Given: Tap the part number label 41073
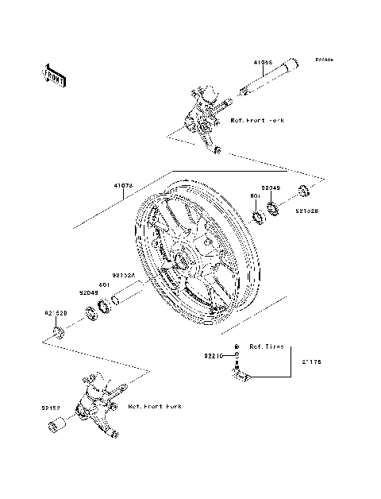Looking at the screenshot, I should point(122,185).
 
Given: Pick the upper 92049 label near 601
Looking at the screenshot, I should point(271,188).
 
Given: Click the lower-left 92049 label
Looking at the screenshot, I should point(88,292).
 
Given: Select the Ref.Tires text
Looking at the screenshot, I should point(266,347).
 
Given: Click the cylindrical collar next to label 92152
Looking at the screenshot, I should point(54,430).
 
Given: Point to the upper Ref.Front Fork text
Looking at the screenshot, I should point(256,120).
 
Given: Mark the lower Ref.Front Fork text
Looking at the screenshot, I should point(154,406).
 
